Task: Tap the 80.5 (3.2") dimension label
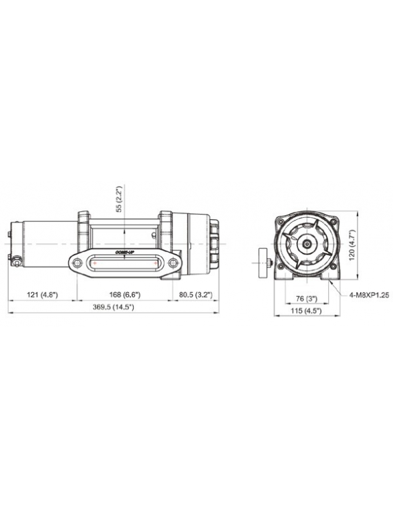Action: (195, 294)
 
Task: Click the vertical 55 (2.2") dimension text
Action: (120, 199)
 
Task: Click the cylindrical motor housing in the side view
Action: (47, 243)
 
